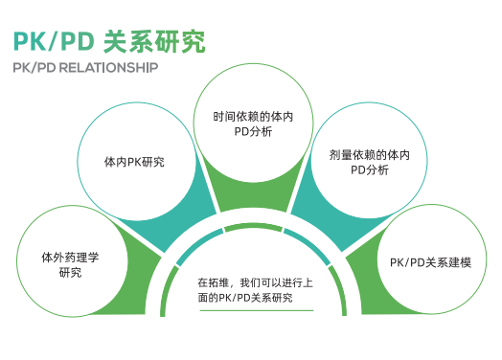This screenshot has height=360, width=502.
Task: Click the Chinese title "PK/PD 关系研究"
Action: coord(107,42)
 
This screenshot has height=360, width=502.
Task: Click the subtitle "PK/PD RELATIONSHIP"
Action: coord(85,69)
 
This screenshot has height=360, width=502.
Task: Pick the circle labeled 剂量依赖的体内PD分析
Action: coord(369,162)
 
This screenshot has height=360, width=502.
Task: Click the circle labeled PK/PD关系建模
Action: coord(430,262)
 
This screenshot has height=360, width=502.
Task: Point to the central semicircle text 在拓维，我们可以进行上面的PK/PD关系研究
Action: coord(252,290)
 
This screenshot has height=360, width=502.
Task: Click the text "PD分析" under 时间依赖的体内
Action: coord(253,133)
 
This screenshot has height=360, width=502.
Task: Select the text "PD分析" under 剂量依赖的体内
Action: coord(369,170)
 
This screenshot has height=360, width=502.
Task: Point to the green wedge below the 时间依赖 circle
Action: coord(252,197)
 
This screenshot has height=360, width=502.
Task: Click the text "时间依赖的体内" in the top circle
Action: coord(253,117)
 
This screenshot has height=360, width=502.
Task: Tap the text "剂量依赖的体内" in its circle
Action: coord(369,153)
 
